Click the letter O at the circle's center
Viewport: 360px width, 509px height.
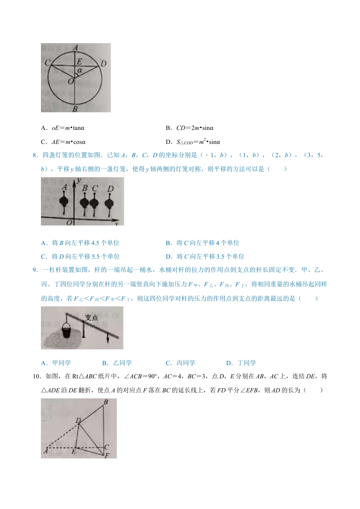click(70, 81)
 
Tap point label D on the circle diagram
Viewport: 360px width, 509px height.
click(103, 64)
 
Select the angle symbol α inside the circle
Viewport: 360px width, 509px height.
click(80, 70)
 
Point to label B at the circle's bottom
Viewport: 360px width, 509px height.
click(75, 109)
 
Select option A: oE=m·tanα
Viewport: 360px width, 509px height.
click(63, 128)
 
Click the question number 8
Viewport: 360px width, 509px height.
click(35, 155)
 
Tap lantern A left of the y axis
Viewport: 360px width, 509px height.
click(64, 201)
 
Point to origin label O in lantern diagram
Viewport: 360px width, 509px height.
click(69, 222)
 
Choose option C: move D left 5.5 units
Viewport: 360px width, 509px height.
click(80, 256)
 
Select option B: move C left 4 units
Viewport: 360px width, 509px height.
click(203, 243)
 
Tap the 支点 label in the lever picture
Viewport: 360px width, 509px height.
click(91, 318)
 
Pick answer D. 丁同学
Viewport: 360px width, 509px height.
click(241, 363)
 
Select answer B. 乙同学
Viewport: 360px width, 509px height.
click(117, 363)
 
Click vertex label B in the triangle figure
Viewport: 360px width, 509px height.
click(106, 402)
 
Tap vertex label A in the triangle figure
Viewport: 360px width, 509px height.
click(46, 451)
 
